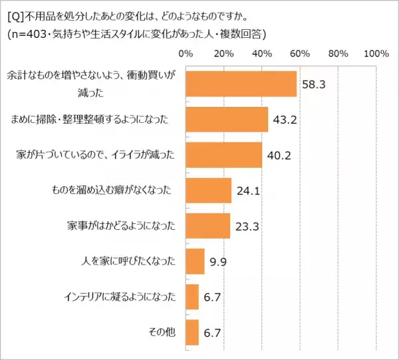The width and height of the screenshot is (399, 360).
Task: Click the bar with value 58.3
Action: click(x=241, y=84)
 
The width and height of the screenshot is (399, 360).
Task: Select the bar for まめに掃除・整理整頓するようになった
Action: click(x=227, y=120)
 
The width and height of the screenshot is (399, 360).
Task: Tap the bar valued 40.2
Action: click(x=224, y=155)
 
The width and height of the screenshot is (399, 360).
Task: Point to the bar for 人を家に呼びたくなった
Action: click(x=196, y=261)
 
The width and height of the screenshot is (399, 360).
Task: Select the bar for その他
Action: click(x=192, y=332)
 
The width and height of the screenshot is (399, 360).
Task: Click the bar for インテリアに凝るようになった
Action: click(x=192, y=297)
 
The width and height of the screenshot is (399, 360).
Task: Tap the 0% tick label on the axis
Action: click(x=186, y=53)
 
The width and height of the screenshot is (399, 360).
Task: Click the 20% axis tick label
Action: click(x=224, y=53)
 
